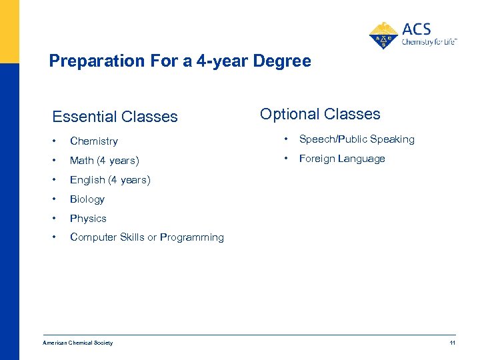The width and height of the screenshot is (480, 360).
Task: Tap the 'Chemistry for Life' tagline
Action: point(429,42)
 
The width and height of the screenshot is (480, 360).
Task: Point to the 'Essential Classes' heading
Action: point(115,117)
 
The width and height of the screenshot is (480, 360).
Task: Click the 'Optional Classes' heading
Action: point(320,114)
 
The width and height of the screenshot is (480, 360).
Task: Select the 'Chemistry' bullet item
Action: point(93,141)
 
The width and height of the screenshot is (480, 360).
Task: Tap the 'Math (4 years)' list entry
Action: point(104,161)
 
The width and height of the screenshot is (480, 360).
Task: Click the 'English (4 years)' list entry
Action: point(110,180)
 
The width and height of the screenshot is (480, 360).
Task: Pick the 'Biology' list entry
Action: point(87,199)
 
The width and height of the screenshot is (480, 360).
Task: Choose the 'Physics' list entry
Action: point(88,219)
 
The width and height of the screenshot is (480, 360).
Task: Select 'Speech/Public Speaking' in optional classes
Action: point(357,139)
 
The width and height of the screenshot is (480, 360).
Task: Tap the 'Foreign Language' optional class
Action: point(342,159)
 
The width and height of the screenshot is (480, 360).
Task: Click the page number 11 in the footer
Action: point(452,343)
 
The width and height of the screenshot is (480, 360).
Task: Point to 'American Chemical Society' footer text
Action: point(77,343)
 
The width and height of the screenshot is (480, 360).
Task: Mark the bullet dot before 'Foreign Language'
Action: point(285,159)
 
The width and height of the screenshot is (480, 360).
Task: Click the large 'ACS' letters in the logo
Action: point(417,29)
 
